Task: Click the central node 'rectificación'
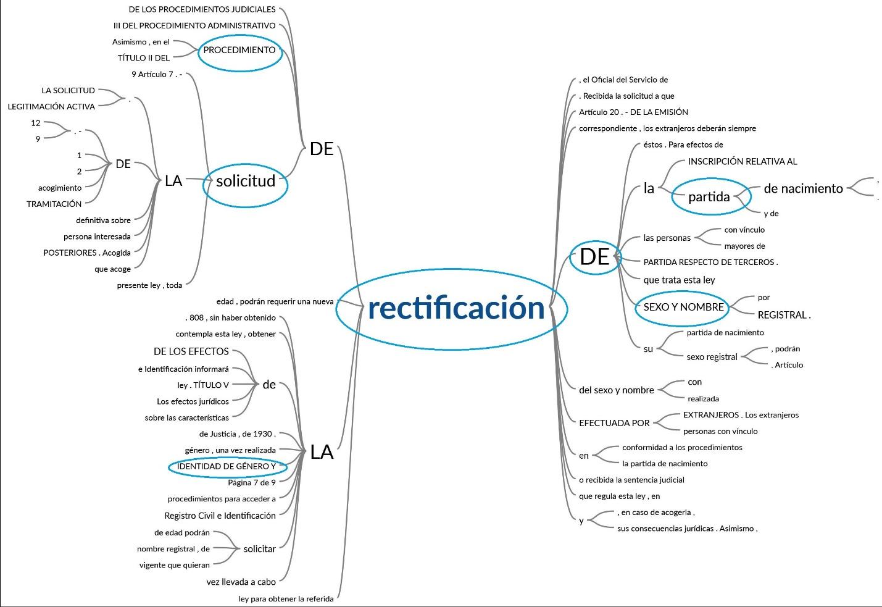[456, 308]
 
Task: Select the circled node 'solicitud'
[245, 182]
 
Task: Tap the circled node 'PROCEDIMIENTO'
[239, 51]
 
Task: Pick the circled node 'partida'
[709, 196]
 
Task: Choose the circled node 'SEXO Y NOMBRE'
[683, 308]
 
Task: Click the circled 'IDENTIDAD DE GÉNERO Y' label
[226, 467]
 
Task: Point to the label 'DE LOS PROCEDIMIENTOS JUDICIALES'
[202, 9]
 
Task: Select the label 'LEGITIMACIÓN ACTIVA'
[51, 107]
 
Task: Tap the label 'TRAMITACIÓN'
[54, 204]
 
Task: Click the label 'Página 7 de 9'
[252, 483]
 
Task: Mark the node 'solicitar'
[259, 549]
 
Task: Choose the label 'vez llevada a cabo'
[241, 582]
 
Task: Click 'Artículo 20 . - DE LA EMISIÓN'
[633, 112]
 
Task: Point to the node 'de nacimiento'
[803, 189]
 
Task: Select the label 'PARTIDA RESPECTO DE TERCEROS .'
[710, 262]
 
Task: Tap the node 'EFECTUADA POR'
[614, 423]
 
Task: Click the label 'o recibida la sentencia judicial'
[631, 480]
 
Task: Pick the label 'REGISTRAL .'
[784, 315]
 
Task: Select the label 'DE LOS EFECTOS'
[191, 352]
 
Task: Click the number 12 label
[36, 123]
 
